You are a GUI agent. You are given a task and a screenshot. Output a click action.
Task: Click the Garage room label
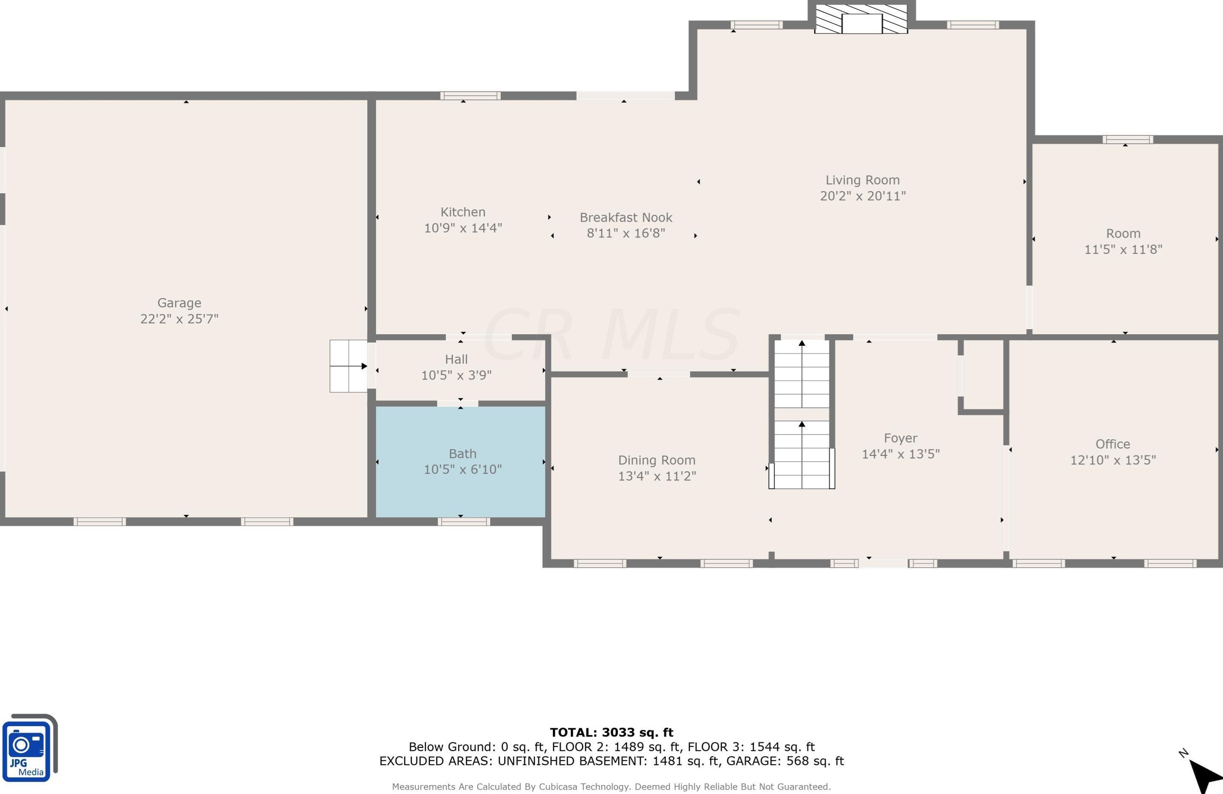[179, 303]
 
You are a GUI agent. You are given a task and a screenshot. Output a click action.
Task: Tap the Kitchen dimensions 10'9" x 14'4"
[463, 228]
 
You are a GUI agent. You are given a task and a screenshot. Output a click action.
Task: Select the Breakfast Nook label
[626, 217]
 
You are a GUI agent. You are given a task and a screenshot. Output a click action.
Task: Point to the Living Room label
[863, 180]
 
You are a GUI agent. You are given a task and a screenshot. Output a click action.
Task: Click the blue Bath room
[461, 461]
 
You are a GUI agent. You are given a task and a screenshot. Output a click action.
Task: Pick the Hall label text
[456, 359]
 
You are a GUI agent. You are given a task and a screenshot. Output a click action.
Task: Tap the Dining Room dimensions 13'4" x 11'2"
[657, 476]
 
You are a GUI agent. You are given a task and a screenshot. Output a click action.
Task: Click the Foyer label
[900, 438]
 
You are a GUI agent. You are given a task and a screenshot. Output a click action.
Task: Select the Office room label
[1112, 444]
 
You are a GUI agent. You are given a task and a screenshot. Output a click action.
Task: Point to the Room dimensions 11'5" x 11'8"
[1123, 249]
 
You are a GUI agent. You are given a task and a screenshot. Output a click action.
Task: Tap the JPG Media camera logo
[29, 748]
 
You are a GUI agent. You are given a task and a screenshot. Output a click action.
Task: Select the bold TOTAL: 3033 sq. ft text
[611, 733]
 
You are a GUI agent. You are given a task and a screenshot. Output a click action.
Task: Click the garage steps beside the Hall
[348, 366]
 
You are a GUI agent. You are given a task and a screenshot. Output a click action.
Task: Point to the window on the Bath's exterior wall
[464, 522]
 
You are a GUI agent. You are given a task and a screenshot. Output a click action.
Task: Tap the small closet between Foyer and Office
[983, 375]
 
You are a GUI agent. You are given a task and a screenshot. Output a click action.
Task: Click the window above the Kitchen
[470, 96]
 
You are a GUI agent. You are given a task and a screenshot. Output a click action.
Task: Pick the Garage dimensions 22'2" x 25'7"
[179, 318]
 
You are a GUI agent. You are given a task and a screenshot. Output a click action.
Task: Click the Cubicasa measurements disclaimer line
[611, 786]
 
